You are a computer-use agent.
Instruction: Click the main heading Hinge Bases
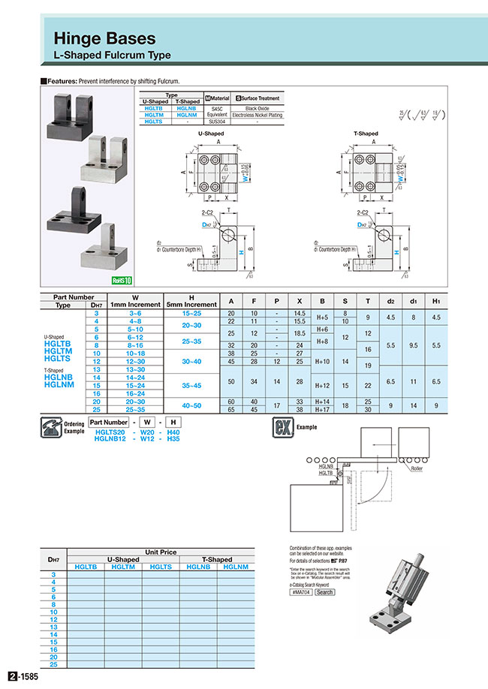104,38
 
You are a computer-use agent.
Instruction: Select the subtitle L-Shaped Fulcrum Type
112,56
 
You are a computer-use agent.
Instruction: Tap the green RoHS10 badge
120,281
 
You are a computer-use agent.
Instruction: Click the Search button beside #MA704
324,592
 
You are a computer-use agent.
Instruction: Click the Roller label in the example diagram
417,468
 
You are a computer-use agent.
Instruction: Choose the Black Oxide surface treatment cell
257,108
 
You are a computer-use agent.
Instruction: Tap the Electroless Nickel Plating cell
257,115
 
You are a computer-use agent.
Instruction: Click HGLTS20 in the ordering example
110,433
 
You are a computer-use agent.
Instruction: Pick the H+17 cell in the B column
323,410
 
